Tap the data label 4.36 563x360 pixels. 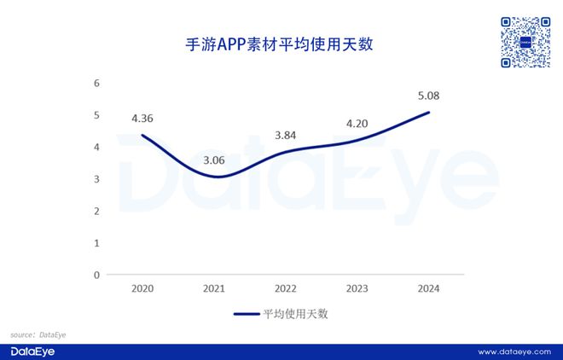142,118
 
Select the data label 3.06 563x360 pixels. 213,160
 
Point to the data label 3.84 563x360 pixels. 285,135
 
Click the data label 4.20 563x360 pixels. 357,123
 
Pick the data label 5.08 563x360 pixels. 427,95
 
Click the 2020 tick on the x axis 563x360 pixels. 142,288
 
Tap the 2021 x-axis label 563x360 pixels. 214,288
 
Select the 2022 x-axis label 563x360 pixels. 285,288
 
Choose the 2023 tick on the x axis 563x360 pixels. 357,288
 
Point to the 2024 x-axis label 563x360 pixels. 427,288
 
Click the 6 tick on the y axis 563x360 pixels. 96,84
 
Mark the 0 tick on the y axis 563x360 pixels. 96,275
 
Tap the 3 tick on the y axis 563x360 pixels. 96,179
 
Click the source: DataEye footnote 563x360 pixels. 38,335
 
